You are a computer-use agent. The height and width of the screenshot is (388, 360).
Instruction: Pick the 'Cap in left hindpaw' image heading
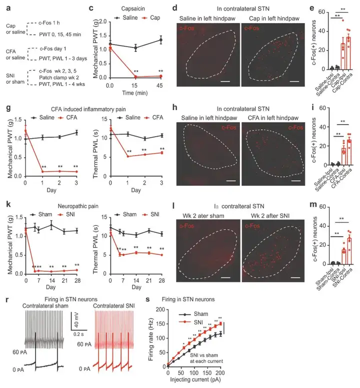271,19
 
